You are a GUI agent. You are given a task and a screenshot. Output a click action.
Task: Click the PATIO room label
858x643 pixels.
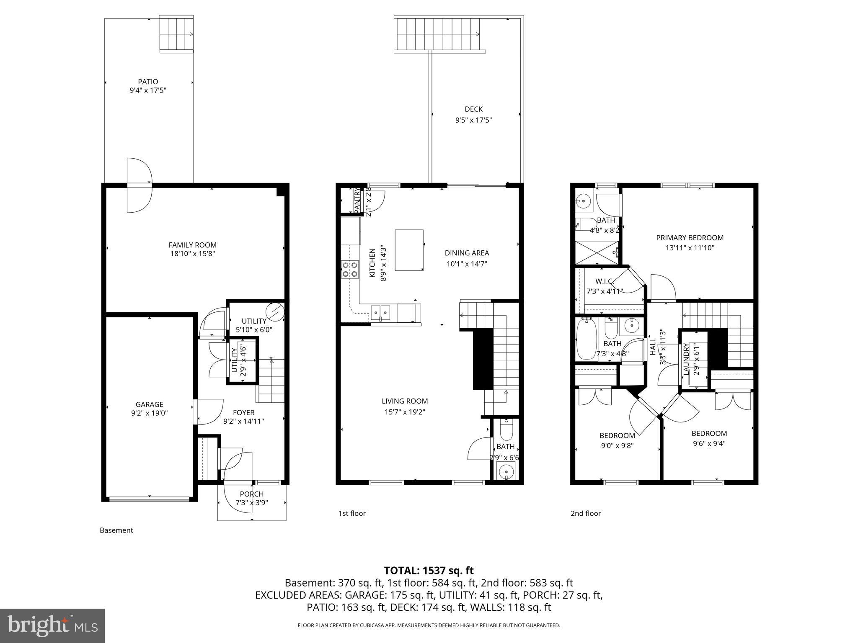[148, 82]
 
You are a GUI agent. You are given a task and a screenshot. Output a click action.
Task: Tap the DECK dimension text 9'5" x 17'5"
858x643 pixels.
[473, 120]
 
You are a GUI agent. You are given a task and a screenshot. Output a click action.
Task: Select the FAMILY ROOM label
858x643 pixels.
[192, 245]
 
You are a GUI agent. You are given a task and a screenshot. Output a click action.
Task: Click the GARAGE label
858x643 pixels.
[149, 404]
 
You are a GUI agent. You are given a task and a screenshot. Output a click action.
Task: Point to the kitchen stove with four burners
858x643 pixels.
[350, 269]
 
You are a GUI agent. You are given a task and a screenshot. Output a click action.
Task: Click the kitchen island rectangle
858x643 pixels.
[409, 250]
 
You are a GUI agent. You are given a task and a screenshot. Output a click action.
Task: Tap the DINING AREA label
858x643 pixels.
[467, 253]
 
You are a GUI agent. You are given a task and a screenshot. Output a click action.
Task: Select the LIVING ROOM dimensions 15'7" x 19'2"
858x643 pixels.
[405, 412]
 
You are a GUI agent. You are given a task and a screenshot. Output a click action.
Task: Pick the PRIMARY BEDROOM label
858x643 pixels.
[690, 238]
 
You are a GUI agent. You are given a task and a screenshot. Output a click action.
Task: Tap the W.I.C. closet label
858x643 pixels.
[604, 281]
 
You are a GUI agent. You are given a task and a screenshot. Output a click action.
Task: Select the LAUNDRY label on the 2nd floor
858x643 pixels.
[686, 359]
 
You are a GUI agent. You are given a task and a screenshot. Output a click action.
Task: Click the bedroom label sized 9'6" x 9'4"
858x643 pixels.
[709, 433]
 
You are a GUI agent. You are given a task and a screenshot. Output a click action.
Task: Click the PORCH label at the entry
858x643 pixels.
[252, 494]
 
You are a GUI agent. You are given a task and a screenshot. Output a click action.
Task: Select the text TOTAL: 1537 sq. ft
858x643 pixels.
[429, 570]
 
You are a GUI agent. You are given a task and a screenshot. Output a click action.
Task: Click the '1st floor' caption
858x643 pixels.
[352, 513]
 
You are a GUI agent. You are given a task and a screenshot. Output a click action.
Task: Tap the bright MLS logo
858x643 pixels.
[52, 625]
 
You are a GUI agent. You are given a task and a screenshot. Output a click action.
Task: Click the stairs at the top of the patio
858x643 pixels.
[176, 34]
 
